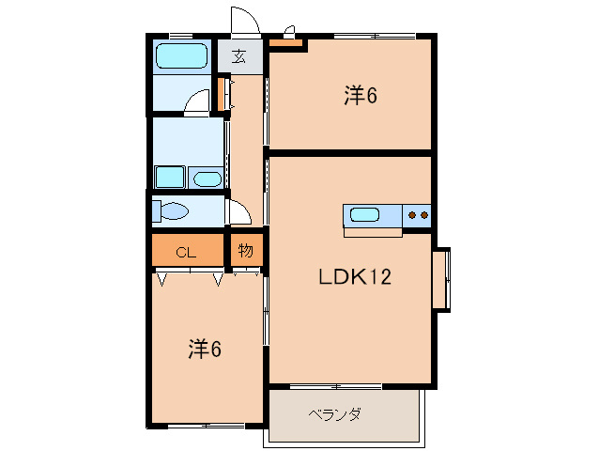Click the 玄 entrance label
click(239, 56)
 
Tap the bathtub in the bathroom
click(181, 55)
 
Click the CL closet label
click(186, 252)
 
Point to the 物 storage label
click(245, 251)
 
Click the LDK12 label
click(354, 277)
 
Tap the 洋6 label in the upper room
click(361, 95)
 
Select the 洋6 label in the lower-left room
click(205, 349)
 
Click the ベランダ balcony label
click(335, 414)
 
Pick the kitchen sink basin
click(363, 215)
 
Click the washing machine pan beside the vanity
click(169, 178)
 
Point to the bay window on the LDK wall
click(440, 278)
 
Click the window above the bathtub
click(181, 37)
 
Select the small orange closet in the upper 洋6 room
click(286, 42)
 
